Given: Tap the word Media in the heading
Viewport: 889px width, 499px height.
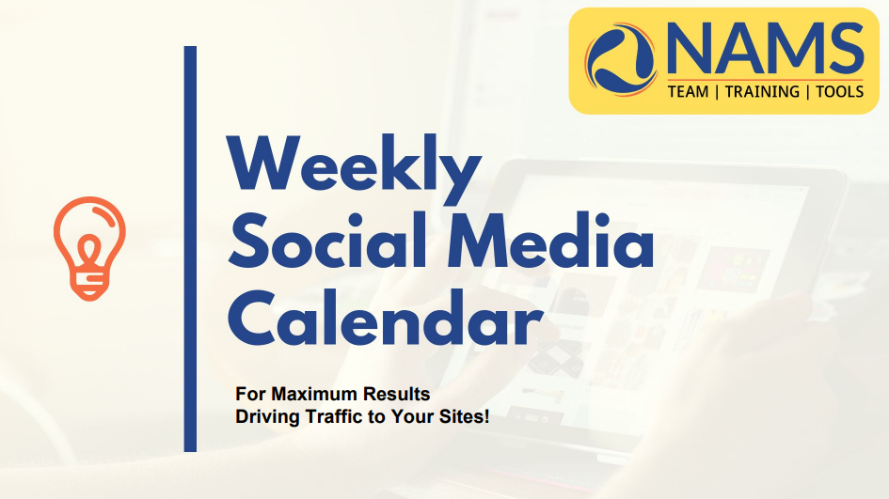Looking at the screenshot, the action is [550, 240].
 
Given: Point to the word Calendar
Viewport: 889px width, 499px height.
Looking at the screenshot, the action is [385, 318].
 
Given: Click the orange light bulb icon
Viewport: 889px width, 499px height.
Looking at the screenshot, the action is [89, 248].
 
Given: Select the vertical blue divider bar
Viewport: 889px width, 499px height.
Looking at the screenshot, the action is [190, 249].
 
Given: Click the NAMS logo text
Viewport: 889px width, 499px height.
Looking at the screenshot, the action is [766, 49].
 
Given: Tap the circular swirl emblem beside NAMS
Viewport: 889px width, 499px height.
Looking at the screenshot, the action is [622, 59].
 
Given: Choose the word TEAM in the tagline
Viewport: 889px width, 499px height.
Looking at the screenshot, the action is [688, 92].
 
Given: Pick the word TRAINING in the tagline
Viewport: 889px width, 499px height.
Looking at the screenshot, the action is [762, 92].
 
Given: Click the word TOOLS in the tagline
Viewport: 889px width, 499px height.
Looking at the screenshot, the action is [840, 92].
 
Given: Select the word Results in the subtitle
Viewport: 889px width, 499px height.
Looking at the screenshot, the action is [396, 394].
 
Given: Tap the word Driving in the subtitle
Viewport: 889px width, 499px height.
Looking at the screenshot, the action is [267, 417].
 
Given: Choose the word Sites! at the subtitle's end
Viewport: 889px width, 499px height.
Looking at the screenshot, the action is [464, 416].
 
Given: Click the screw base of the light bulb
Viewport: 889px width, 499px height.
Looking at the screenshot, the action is [89, 285].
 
